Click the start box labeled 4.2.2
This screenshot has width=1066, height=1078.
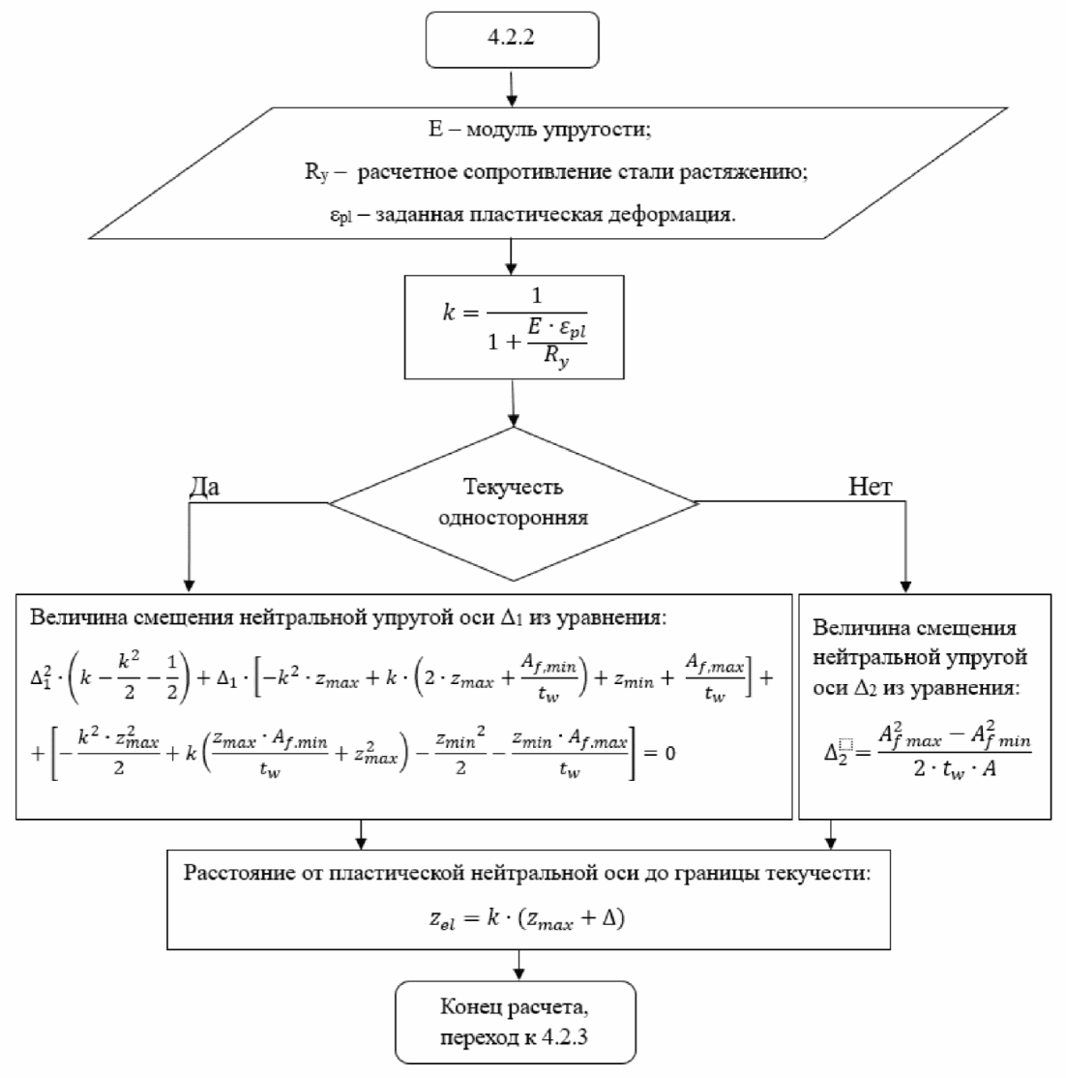(x=512, y=39)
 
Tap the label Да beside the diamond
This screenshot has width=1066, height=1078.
(x=204, y=486)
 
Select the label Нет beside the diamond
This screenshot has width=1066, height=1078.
(x=870, y=486)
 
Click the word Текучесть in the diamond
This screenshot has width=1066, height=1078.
(x=513, y=487)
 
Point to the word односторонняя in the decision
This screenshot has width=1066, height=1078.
(x=513, y=517)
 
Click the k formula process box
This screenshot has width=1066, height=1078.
(x=514, y=327)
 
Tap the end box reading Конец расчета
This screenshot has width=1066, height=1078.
(x=515, y=1022)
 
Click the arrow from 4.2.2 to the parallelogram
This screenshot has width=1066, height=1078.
(x=512, y=87)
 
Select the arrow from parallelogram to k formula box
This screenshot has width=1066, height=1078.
(x=511, y=257)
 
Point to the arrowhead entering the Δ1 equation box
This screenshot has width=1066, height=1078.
(x=189, y=585)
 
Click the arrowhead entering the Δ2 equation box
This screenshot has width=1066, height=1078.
(x=905, y=586)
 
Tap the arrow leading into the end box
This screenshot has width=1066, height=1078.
(x=518, y=965)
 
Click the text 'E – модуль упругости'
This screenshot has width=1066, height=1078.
(x=540, y=130)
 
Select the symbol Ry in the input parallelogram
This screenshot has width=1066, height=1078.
(x=317, y=172)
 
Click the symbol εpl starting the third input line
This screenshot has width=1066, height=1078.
(x=341, y=215)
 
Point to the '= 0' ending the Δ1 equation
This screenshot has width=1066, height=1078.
(x=660, y=754)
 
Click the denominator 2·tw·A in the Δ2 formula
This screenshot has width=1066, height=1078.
(x=955, y=769)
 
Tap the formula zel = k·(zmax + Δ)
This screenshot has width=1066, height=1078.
(x=527, y=918)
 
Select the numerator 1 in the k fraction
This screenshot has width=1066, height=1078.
(x=537, y=295)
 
